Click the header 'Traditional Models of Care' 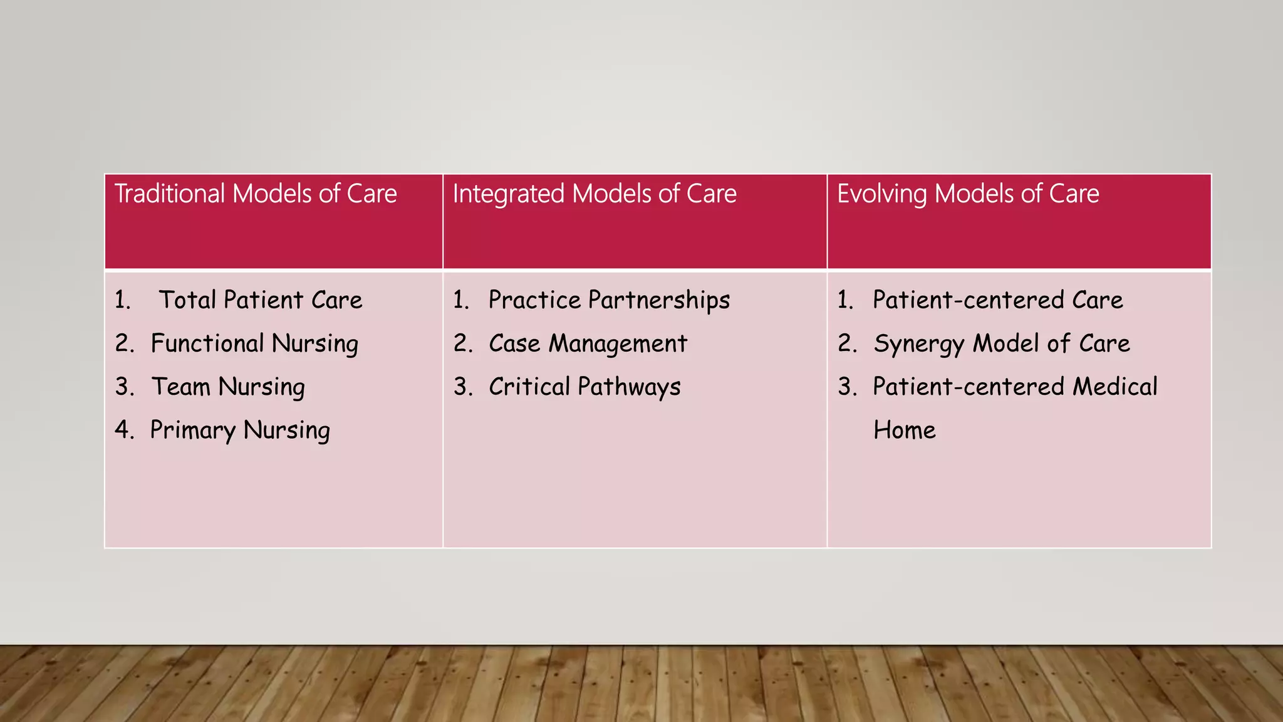[x=256, y=194]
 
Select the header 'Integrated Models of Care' [x=595, y=194]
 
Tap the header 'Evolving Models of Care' [x=968, y=194]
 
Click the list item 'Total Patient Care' [x=261, y=300]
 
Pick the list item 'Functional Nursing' [x=254, y=343]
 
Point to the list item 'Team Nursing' [x=228, y=387]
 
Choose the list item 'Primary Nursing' [x=240, y=431]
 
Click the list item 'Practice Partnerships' [x=609, y=300]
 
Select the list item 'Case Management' [x=588, y=343]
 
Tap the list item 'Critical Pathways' [x=584, y=387]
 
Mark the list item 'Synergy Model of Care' [x=1001, y=343]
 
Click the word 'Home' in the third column [x=904, y=431]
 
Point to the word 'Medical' [x=1115, y=387]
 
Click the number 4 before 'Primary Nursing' [x=123, y=430]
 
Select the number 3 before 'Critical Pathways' [x=462, y=387]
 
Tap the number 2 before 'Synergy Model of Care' [x=846, y=343]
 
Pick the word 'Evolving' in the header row [x=881, y=194]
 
